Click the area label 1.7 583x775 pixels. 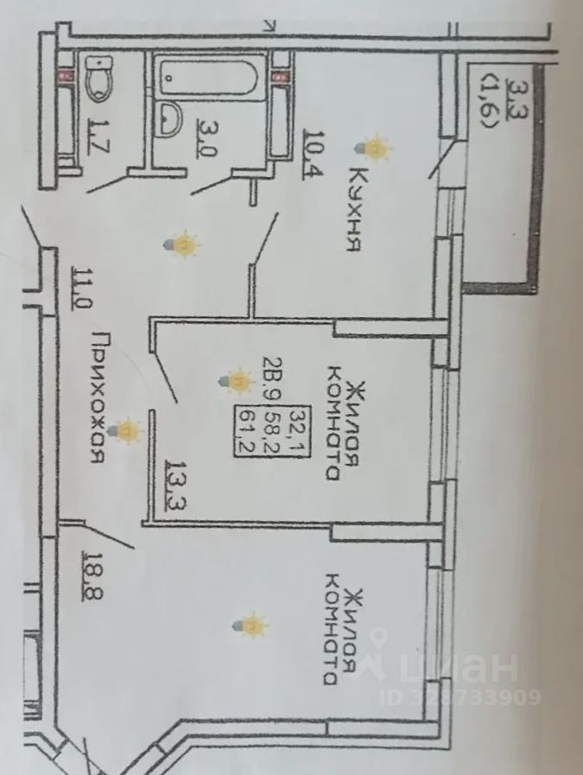(97, 138)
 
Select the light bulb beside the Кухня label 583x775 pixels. (376, 149)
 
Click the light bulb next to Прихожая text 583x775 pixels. (129, 430)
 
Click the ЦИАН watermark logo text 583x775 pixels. (449, 667)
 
